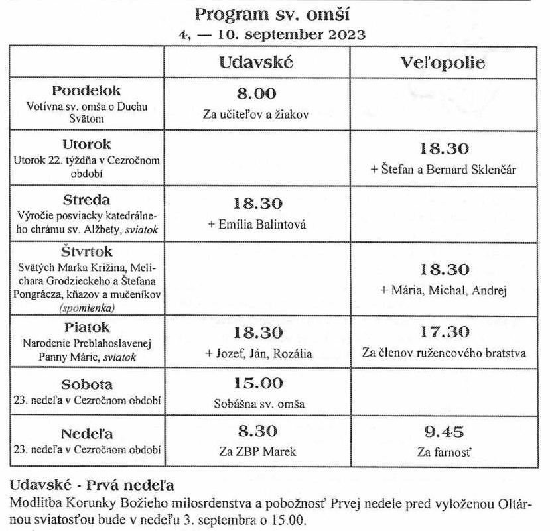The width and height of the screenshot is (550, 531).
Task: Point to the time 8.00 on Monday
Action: (x=256, y=94)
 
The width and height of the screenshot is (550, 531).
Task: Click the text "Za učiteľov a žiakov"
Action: (x=256, y=113)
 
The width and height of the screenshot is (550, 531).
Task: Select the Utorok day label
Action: (x=87, y=145)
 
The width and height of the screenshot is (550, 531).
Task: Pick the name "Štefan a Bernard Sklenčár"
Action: (x=446, y=169)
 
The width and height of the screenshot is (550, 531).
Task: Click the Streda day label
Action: (x=86, y=199)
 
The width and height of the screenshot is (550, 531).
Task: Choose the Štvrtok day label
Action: (x=87, y=252)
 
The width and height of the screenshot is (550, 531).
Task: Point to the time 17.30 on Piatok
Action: (x=445, y=332)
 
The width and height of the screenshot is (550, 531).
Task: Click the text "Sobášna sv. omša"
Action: (x=256, y=403)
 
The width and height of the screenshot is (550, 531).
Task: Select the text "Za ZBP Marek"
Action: (x=256, y=452)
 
